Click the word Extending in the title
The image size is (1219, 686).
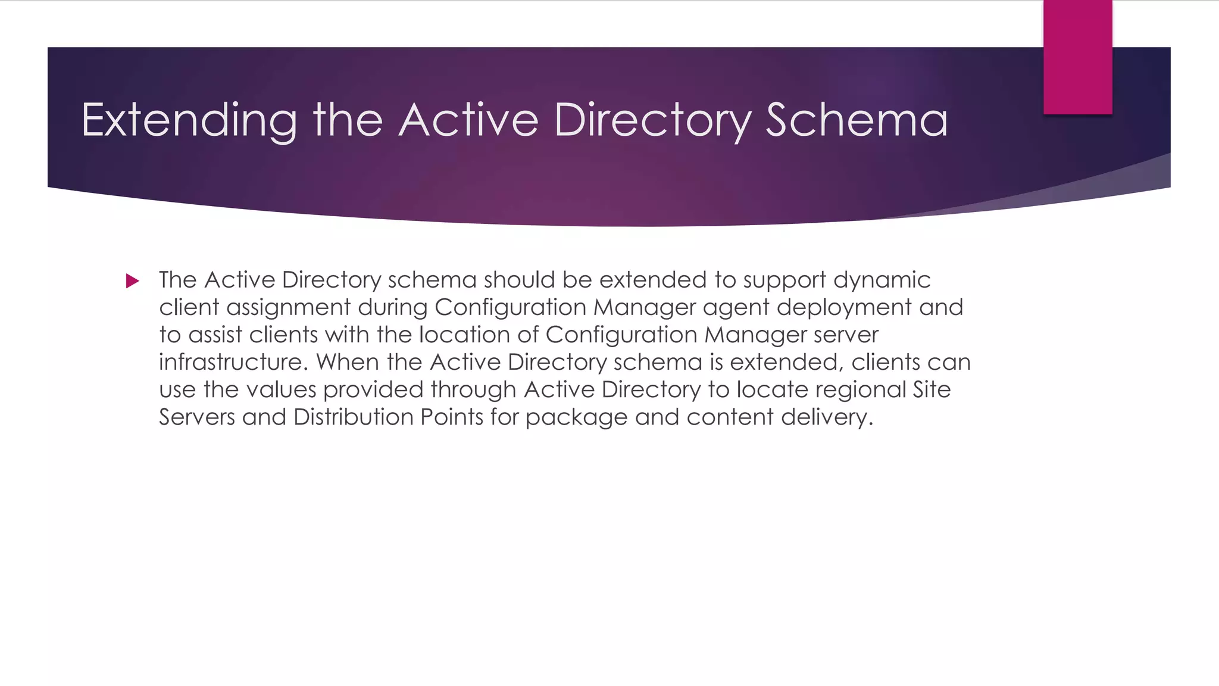pyautogui.click(x=189, y=121)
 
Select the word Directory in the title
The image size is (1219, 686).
pyautogui.click(x=652, y=121)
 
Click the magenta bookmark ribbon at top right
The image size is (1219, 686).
pyautogui.click(x=1077, y=57)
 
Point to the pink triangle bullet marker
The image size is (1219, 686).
pyautogui.click(x=132, y=281)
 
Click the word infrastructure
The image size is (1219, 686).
pyautogui.click(x=233, y=362)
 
